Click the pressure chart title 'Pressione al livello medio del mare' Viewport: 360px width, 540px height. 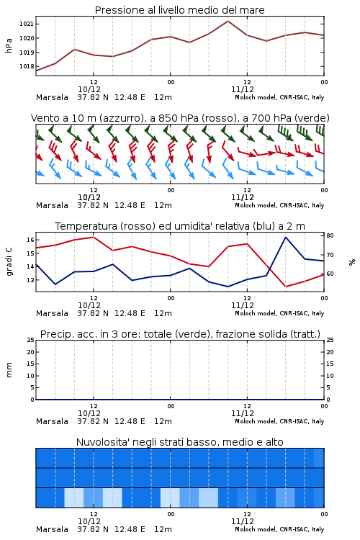[179, 10]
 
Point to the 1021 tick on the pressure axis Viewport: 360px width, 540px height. [26, 24]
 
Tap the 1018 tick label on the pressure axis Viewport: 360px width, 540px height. [26, 66]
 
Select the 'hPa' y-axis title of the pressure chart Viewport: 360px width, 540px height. [9, 45]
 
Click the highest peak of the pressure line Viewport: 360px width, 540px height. [228, 21]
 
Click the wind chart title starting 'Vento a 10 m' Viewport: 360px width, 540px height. [180, 118]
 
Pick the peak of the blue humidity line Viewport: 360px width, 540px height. [285, 238]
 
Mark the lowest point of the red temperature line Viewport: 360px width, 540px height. [285, 287]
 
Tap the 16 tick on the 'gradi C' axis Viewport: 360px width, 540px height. [30, 240]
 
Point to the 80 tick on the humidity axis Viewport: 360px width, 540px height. [330, 235]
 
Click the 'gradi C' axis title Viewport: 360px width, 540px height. [9, 261]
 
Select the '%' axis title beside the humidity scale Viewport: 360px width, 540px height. [352, 262]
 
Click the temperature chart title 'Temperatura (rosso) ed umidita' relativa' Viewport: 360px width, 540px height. [180, 226]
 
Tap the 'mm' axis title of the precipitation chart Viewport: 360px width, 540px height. [9, 370]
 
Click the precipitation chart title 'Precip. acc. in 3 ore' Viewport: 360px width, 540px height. [180, 334]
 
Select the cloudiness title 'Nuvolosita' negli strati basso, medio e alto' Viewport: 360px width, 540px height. [179, 442]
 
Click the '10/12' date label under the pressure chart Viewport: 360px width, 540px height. [89, 89]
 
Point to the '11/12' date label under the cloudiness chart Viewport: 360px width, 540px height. [243, 521]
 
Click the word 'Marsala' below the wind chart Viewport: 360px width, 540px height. [52, 205]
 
